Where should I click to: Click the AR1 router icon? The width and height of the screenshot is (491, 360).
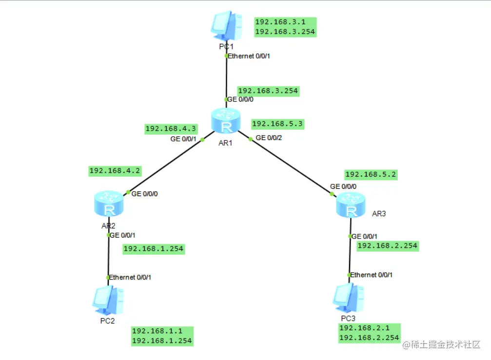pyautogui.click(x=226, y=120)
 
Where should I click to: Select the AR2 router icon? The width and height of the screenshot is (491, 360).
pyautogui.click(x=109, y=204)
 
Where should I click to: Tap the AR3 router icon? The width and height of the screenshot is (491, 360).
pyautogui.click(x=350, y=204)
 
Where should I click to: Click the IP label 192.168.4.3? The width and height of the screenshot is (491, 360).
pyautogui.click(x=171, y=129)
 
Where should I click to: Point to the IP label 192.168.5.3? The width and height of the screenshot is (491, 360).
pyautogui.click(x=277, y=124)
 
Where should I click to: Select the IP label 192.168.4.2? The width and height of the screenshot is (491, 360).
pyautogui.click(x=115, y=171)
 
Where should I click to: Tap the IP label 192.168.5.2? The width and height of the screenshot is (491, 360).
pyautogui.click(x=370, y=174)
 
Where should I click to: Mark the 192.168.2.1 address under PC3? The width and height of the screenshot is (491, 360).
pyautogui.click(x=363, y=328)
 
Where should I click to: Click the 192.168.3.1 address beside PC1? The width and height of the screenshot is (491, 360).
pyautogui.click(x=279, y=22)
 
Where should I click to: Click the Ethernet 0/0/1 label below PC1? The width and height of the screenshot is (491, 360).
pyautogui.click(x=249, y=56)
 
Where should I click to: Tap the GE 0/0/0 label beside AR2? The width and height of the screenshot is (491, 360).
pyautogui.click(x=145, y=194)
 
